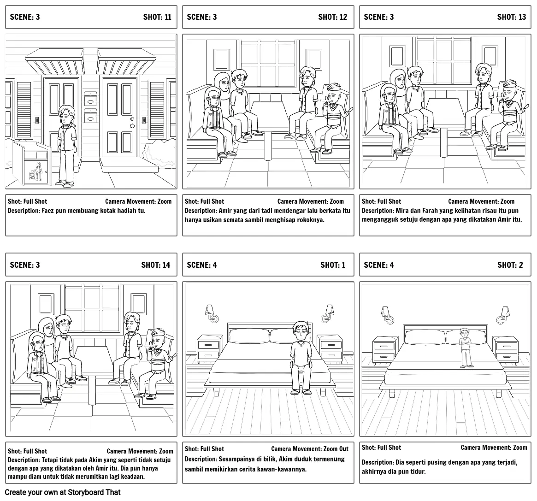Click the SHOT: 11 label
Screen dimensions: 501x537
click(x=157, y=17)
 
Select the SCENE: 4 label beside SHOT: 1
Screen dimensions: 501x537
click(x=201, y=265)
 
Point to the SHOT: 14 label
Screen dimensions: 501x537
click(x=155, y=265)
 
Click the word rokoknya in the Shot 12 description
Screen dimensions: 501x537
click(x=311, y=220)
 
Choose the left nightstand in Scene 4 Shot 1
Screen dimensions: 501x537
click(x=209, y=348)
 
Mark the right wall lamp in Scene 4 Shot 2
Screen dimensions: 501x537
click(x=503, y=314)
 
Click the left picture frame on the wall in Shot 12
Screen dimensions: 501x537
click(x=222, y=60)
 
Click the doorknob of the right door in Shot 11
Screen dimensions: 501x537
click(x=132, y=124)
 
